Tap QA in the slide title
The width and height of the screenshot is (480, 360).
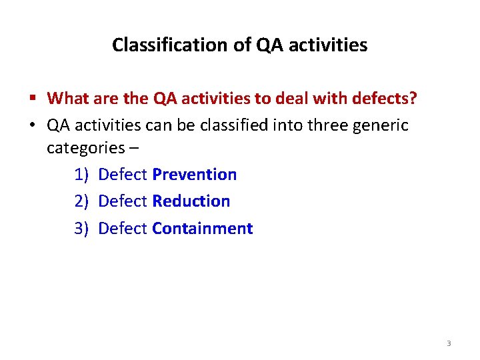pos(265,45)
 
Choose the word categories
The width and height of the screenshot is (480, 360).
pos(85,147)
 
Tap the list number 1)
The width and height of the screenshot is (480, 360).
pos(81,175)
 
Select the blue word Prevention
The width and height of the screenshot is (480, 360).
pos(194,175)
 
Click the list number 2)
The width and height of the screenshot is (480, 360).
pos(81,201)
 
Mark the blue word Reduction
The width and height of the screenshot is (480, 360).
pos(191,201)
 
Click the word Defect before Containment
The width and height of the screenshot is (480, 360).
pos(122,229)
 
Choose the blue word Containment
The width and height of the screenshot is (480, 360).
pos(202,229)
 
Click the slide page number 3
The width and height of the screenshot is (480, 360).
pos(448,343)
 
